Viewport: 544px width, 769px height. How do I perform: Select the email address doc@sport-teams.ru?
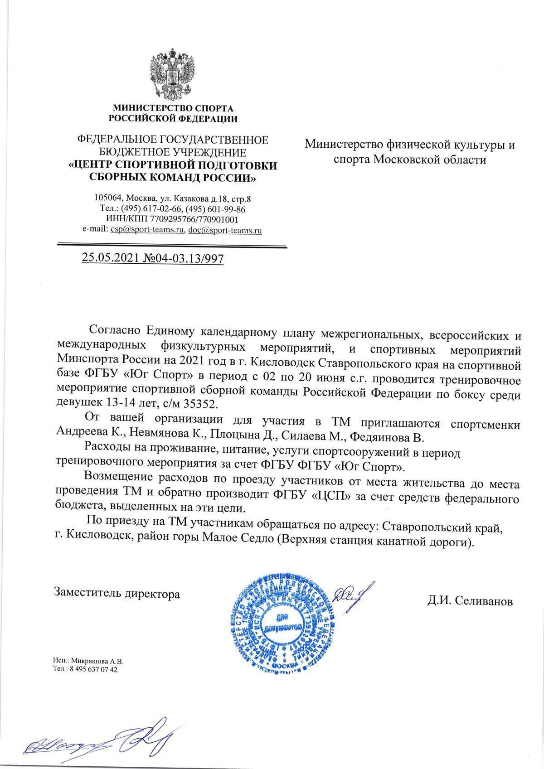[225, 230]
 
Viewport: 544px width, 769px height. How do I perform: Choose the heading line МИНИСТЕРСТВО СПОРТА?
[173, 108]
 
